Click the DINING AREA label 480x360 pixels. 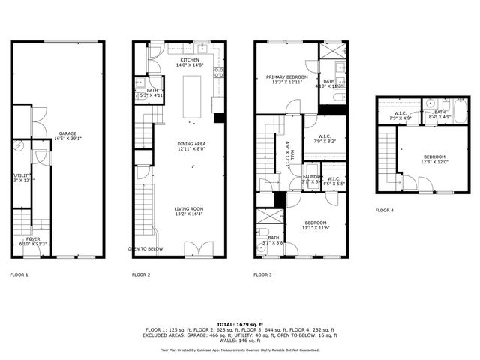[192, 144]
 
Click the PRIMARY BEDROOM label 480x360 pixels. [288, 76]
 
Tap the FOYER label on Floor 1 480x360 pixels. [33, 238]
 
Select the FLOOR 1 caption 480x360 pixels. [19, 275]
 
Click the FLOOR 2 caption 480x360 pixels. [141, 275]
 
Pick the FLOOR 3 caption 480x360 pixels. [262, 275]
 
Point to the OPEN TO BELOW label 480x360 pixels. [145, 248]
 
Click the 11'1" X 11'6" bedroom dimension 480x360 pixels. [315, 228]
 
